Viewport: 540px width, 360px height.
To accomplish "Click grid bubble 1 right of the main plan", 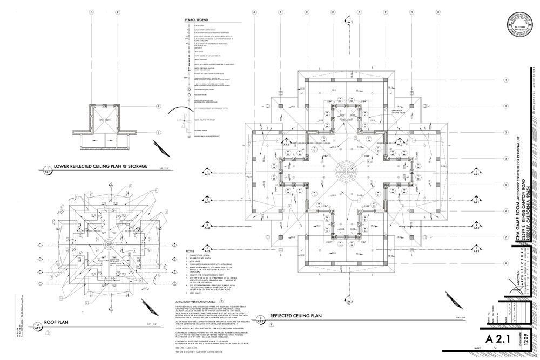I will pyautogui.click(x=506, y=79).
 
